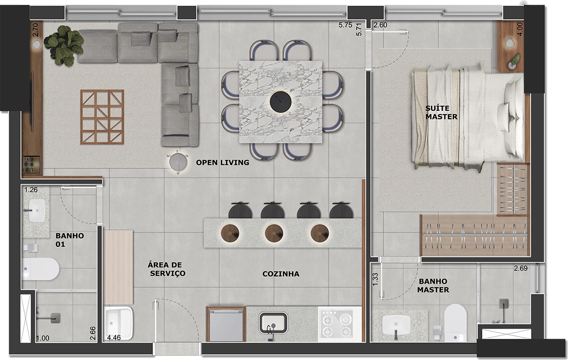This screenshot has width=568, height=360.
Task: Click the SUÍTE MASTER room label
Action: pyautogui.click(x=441, y=113)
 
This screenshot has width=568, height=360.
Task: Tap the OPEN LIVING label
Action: pyautogui.click(x=222, y=162)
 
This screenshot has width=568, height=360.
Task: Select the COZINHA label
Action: pyautogui.click(x=281, y=274)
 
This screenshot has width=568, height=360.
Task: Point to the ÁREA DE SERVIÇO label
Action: pyautogui.click(x=166, y=269)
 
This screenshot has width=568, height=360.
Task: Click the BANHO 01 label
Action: pyautogui.click(x=70, y=240)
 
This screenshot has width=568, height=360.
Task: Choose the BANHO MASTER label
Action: pyautogui.click(x=433, y=285)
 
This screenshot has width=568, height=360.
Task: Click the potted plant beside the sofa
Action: pyautogui.click(x=64, y=44)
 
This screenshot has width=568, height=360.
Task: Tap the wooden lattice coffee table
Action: pyautogui.click(x=102, y=116)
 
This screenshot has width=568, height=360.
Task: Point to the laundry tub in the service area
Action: pyautogui.click(x=118, y=324)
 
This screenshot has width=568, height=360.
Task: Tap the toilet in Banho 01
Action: pyautogui.click(x=41, y=269)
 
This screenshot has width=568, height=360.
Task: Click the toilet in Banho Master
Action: pyautogui.click(x=455, y=322)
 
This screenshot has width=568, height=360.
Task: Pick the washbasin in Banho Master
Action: pyautogui.click(x=396, y=325)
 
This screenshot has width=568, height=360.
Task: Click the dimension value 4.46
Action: pyautogui.click(x=114, y=338)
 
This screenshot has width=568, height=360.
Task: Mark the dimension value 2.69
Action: pyautogui.click(x=521, y=269)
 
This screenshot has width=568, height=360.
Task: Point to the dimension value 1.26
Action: pyautogui.click(x=30, y=190)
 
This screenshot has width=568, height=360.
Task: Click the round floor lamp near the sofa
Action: pyautogui.click(x=178, y=161)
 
